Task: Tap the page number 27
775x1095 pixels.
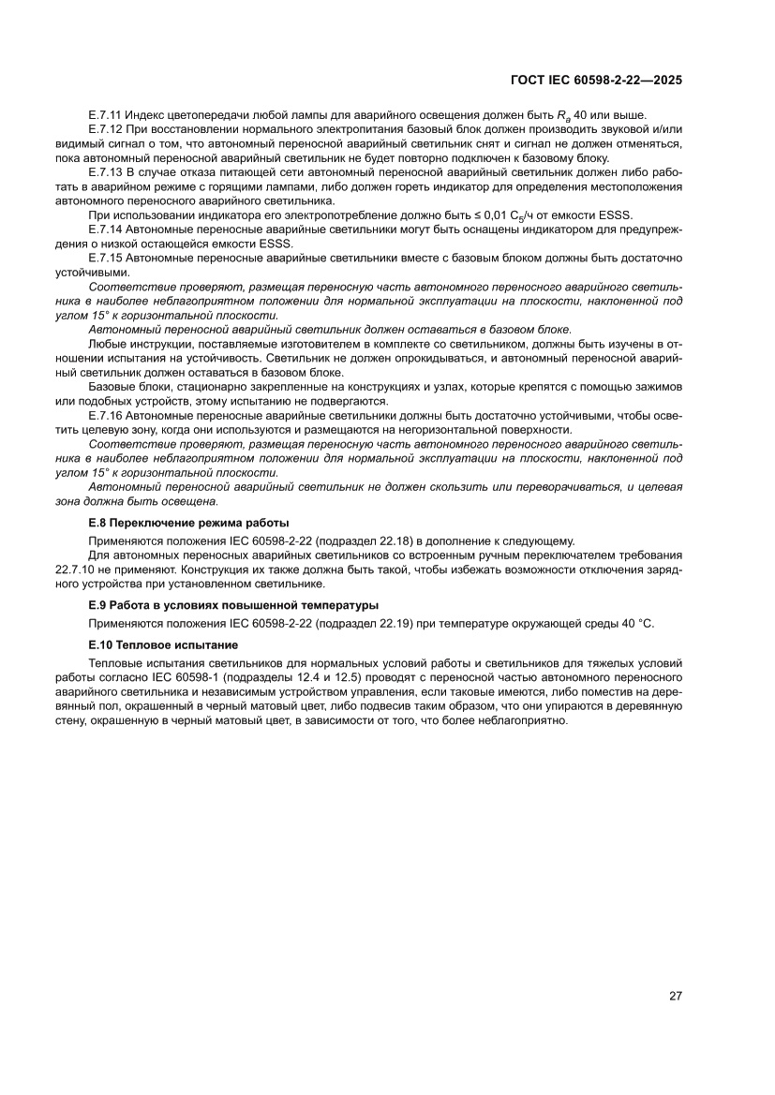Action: tap(675, 996)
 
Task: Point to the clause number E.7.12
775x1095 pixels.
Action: tap(105, 128)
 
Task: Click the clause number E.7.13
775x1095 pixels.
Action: tap(105, 173)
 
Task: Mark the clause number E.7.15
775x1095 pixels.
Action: tap(105, 258)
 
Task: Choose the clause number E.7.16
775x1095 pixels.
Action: tap(105, 415)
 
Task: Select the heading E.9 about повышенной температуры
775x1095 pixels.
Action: tap(233, 604)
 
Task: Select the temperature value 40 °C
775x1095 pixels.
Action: tap(635, 624)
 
